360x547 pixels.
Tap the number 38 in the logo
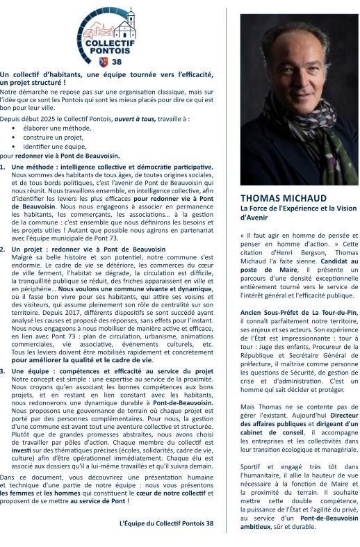point(115,61)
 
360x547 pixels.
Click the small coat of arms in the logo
point(104,61)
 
